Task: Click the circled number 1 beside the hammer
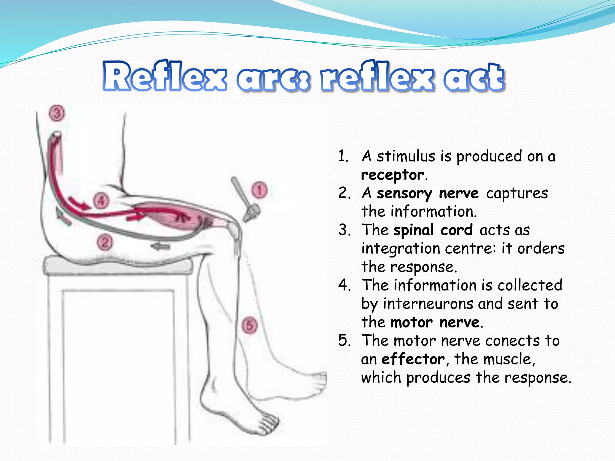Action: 259,190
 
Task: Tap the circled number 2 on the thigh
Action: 105,242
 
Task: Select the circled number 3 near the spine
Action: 57,113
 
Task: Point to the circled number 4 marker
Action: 101,200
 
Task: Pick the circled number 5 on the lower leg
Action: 250,325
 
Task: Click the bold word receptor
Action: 393,175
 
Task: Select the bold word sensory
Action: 404,194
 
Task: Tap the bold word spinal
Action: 413,230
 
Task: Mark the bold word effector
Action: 413,359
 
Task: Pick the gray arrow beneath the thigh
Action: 160,247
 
